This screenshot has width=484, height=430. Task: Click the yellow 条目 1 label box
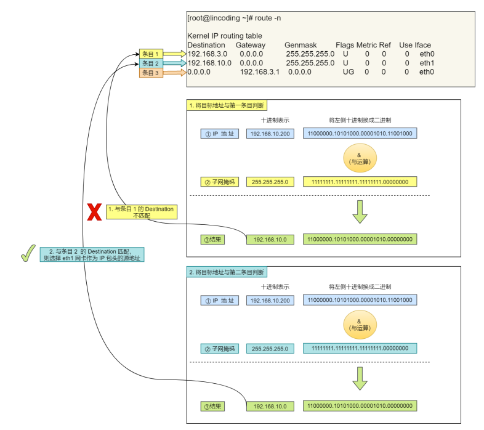point(151,54)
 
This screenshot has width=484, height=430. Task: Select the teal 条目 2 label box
point(151,63)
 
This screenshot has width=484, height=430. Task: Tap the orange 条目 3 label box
point(151,73)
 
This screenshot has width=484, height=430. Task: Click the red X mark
point(94,212)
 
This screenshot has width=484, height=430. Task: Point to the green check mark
point(28,253)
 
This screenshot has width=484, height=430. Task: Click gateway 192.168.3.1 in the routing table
point(260,72)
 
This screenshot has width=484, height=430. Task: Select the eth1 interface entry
point(427,63)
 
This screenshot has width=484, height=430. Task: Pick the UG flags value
point(349,72)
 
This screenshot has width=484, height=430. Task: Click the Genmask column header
point(300,45)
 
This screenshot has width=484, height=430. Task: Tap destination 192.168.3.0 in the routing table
point(208,54)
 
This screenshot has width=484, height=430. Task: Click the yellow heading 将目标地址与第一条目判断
point(227,105)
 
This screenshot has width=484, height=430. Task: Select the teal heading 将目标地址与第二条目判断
point(227,272)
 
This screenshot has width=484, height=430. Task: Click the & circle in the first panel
point(360,158)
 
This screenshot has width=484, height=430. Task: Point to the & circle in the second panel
point(360,325)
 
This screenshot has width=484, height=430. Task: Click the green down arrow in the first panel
point(360,212)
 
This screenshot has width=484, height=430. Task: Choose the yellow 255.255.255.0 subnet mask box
point(270,182)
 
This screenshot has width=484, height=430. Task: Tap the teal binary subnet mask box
point(360,348)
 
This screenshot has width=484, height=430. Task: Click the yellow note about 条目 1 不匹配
point(142,212)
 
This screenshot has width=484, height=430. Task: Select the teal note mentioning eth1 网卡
point(92,254)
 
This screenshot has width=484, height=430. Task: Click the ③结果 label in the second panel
point(212,406)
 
